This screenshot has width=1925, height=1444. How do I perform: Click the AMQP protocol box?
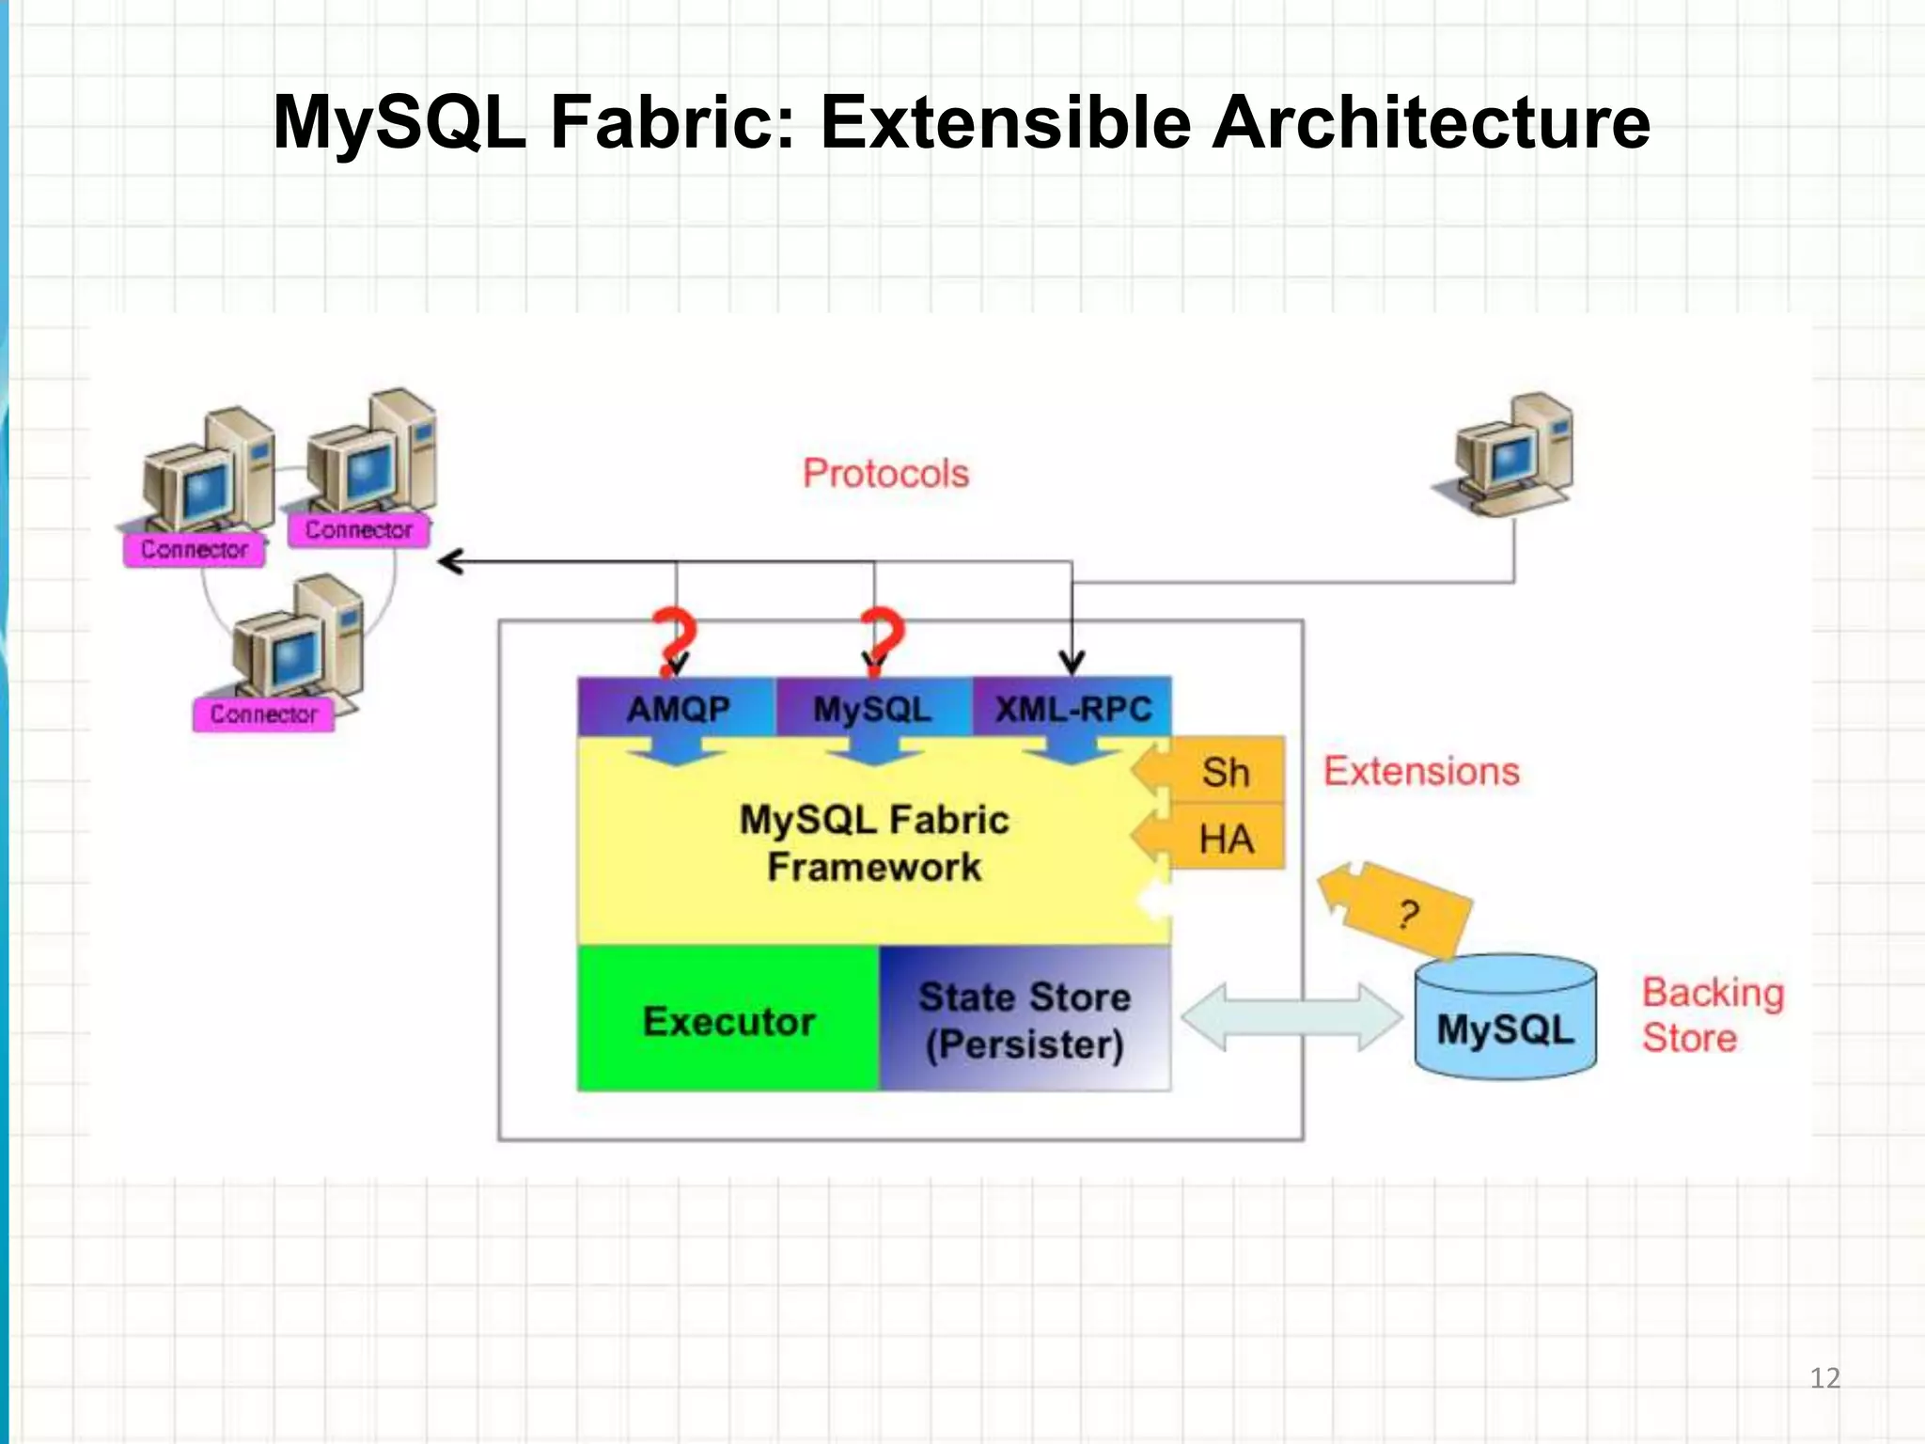(678, 708)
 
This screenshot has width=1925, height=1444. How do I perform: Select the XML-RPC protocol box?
(1072, 708)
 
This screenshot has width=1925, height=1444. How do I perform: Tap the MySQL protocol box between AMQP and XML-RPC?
(872, 708)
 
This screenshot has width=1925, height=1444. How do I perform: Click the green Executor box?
(728, 1021)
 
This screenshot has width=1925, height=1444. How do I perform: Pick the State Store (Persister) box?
(1025, 1021)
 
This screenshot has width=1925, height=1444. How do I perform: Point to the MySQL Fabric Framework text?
(873, 843)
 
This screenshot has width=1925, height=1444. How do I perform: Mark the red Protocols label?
(885, 473)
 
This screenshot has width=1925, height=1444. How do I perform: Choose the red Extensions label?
(1421, 771)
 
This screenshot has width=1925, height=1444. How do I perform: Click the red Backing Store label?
(1711, 1015)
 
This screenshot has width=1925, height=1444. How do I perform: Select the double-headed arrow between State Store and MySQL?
(1291, 1017)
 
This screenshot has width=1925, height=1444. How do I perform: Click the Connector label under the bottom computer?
(263, 714)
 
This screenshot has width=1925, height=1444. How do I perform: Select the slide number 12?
(1824, 1378)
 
